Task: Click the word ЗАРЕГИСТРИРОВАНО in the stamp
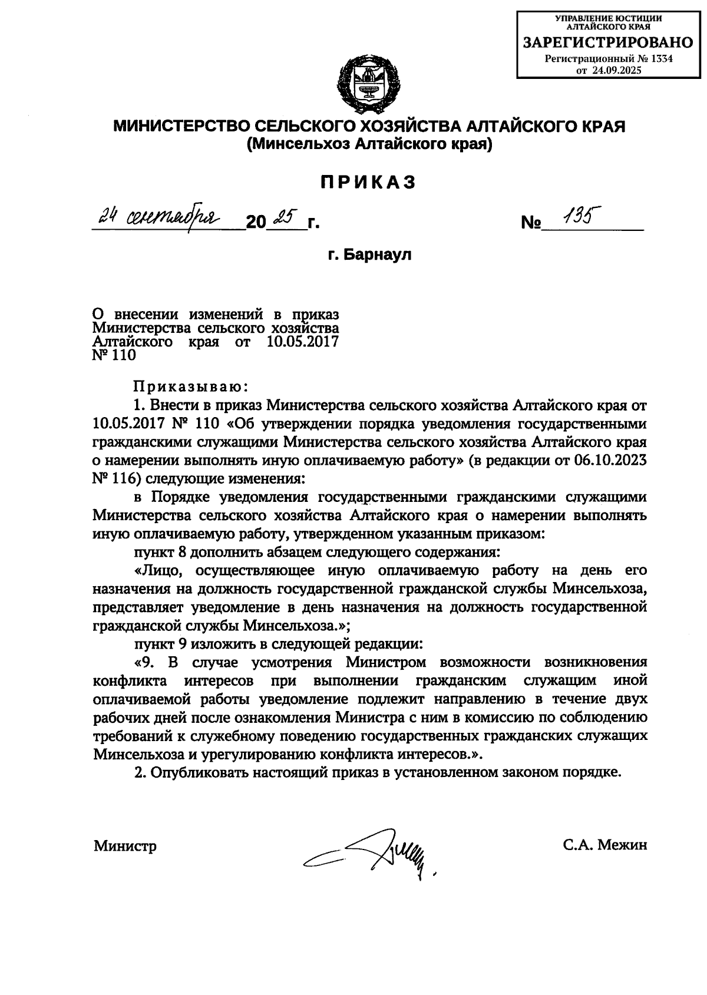tap(609, 42)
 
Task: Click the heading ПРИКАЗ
tap(368, 183)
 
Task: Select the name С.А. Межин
tap(605, 845)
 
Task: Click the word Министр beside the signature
tap(125, 847)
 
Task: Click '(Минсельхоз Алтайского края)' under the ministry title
tap(369, 144)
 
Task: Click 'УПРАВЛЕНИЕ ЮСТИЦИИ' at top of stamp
tap(609, 18)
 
